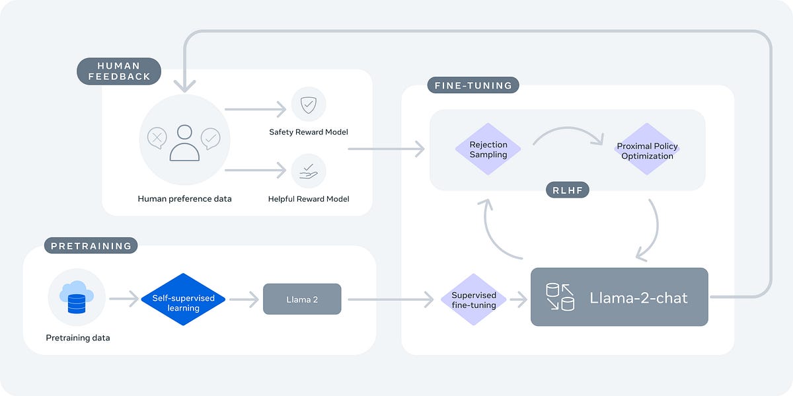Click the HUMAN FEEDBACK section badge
coord(119,71)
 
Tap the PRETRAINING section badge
coord(91,246)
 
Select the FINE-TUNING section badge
coord(472,85)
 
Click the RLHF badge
coord(567,191)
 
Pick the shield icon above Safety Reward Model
coord(308,104)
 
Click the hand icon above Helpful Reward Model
coord(308,172)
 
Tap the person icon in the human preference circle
coord(184,143)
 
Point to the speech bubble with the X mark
coord(157,138)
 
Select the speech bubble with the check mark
coord(211,138)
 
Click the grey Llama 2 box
coord(302,299)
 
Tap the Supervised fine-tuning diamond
coord(474,299)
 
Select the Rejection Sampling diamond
coord(488,149)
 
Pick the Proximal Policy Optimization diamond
coord(647,150)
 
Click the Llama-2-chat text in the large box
coord(638,297)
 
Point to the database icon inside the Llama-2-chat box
coord(560,297)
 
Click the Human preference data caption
coord(184,198)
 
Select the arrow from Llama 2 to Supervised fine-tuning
coord(390,299)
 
